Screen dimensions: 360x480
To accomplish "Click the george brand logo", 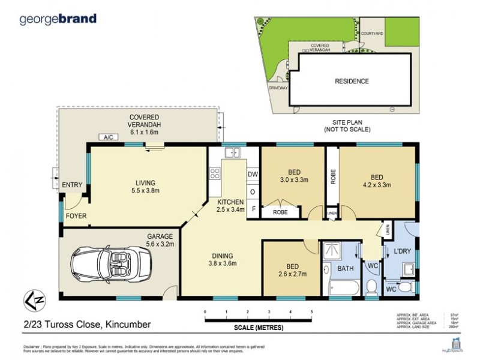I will pos(58,19).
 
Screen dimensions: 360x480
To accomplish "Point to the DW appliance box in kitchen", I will pos(253,175).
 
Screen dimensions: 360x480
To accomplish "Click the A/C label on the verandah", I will pos(109,138).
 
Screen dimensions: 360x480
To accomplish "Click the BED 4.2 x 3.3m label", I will pos(377,181).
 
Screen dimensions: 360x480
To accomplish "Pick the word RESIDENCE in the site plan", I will pos(352,81).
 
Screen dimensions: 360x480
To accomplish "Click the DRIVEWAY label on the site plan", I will pos(279,88).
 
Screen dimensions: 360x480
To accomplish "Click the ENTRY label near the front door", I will pos(72,185).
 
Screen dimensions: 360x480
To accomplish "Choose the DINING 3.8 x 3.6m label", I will pos(223,259).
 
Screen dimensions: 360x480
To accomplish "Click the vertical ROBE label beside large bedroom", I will pos(332,178).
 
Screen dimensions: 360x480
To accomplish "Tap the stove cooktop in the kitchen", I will pos(215,173).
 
